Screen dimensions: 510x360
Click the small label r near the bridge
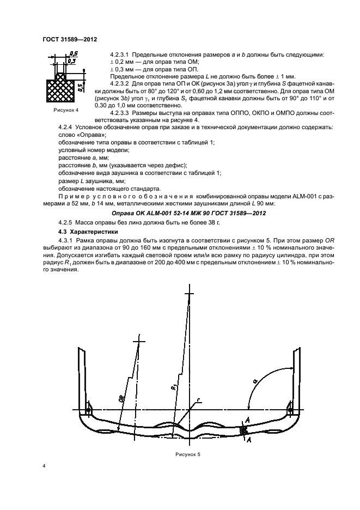click(199, 400)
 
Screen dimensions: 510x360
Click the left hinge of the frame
click(88, 409)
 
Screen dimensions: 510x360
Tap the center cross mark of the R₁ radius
click(189, 294)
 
